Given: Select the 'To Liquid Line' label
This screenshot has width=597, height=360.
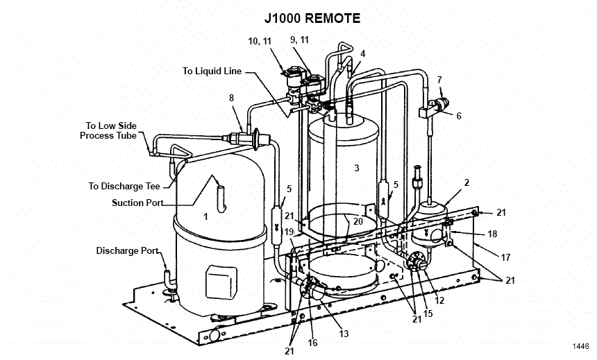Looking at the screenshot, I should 212,71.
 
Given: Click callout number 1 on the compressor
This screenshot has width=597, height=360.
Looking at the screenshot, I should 205,216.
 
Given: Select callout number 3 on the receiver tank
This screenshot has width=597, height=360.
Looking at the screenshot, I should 356,168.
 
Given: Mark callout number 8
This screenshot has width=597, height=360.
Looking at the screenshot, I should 231,98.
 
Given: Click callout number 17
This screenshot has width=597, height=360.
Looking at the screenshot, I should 505,257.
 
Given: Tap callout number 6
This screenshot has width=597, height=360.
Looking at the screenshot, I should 458,116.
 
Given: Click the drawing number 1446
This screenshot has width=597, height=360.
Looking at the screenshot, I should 580,346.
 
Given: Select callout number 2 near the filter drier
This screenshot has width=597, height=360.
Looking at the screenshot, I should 466,182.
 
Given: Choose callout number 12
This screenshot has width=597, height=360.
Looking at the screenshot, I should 439,300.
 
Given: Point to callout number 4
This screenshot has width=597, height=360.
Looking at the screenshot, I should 362,53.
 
